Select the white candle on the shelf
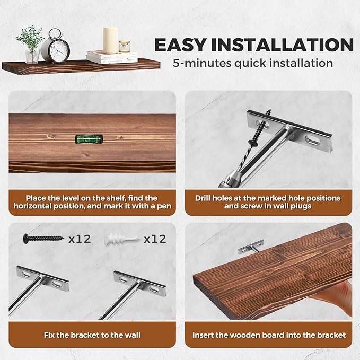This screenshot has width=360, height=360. tap(111, 40)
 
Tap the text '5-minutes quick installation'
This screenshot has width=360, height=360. tap(253, 63)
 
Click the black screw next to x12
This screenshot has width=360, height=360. tap(43, 239)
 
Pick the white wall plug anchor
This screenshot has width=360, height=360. tap(122, 239)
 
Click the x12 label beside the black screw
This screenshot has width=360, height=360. tap(80, 239)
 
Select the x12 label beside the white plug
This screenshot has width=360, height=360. tap(155, 239)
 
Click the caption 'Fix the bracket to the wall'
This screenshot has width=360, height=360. tap(92, 335)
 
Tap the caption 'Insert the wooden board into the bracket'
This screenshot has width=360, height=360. tap(269, 335)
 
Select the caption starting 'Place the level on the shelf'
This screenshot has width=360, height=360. tap(92, 201)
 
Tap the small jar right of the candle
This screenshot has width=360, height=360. tap(125, 47)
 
